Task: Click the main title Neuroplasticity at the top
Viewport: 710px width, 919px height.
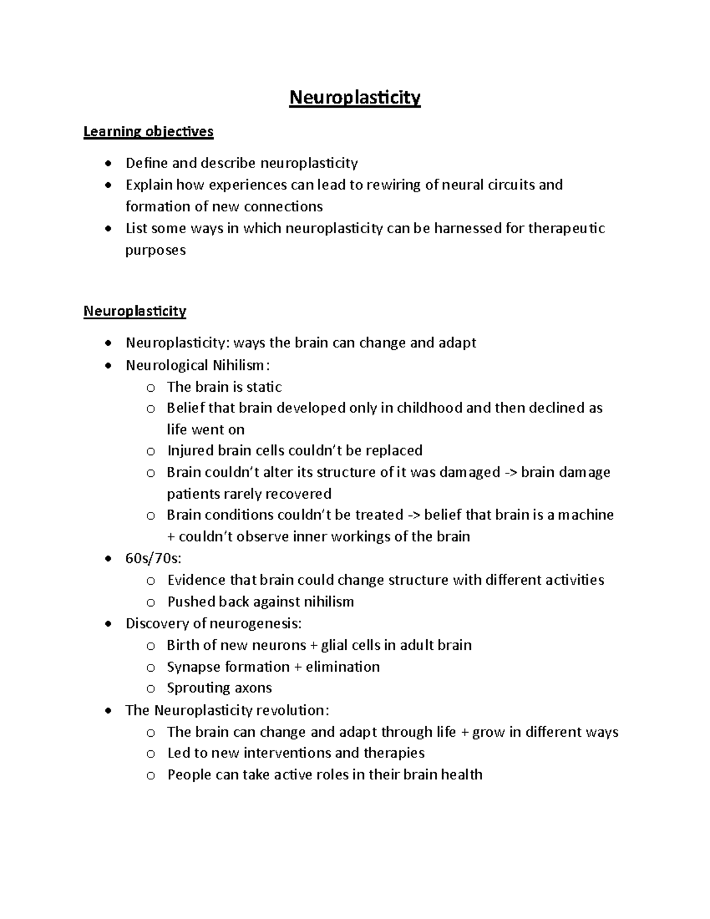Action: coord(354,97)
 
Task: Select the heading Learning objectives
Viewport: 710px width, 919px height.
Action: coord(148,131)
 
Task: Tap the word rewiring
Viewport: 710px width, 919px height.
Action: coord(393,185)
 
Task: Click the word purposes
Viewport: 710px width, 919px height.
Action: coord(155,250)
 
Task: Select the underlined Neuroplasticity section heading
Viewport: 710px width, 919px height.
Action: coord(135,311)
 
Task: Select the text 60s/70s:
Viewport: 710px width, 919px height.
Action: coord(150,558)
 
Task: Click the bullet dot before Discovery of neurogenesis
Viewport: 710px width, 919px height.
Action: coord(107,624)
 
